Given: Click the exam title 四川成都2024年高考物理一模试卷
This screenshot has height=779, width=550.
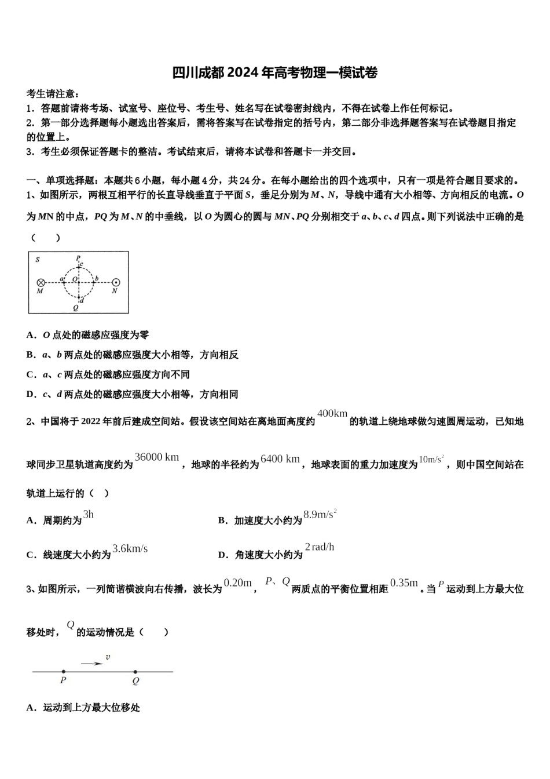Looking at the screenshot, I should [275, 73].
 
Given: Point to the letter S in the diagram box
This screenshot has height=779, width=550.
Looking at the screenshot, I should [38, 260].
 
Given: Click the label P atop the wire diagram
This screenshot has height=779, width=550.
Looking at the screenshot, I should [78, 258].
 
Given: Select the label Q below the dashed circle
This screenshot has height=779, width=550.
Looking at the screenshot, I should [76, 308].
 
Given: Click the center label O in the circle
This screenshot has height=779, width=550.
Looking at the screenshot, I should [75, 279].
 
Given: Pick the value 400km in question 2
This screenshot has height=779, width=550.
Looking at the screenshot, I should [332, 413].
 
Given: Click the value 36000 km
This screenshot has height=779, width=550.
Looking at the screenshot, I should [157, 457].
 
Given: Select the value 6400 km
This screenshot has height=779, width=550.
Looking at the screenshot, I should [280, 459].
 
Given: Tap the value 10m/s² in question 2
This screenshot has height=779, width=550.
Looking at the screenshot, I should [431, 459].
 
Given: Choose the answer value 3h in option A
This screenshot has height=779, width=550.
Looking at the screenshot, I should [88, 514].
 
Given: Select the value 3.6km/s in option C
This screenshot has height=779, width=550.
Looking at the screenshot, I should [130, 548].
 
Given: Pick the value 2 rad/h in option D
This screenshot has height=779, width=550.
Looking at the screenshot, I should [320, 547].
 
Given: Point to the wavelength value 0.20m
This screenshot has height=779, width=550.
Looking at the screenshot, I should [237, 583].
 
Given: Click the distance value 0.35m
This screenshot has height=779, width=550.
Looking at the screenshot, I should [404, 583].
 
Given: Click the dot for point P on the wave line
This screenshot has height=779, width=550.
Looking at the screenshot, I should [63, 672].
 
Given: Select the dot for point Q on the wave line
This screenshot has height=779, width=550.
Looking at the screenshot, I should [135, 672].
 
